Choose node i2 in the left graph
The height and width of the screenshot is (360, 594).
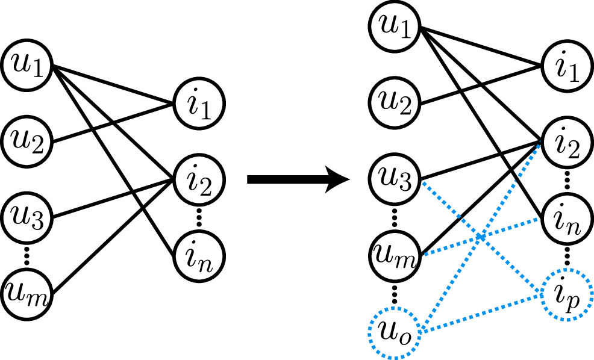coord(198,179)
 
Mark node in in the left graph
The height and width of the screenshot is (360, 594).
coord(198,255)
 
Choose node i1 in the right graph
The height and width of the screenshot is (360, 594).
coord(567,66)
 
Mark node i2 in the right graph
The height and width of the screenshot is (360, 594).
coord(567,142)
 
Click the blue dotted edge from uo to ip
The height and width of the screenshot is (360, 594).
coord(482,313)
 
